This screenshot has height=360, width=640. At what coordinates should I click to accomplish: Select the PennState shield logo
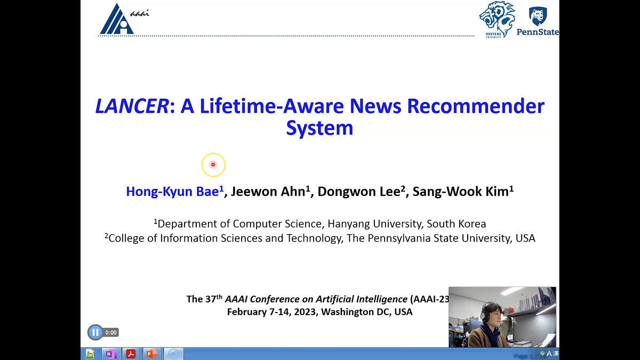(538, 16)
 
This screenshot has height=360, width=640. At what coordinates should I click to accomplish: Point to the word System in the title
(319, 128)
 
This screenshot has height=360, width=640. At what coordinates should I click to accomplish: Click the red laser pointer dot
(213, 164)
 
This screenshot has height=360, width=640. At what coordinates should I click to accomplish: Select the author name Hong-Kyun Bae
(173, 191)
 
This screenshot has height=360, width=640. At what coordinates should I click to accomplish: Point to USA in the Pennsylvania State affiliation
(525, 238)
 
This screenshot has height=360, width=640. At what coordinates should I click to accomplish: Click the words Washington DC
(355, 311)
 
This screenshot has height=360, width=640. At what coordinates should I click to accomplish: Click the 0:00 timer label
(111, 332)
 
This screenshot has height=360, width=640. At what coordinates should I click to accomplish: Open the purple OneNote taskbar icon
(110, 354)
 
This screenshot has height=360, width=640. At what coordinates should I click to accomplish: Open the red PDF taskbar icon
(131, 354)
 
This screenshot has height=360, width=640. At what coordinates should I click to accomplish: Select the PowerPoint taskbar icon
(151, 354)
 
